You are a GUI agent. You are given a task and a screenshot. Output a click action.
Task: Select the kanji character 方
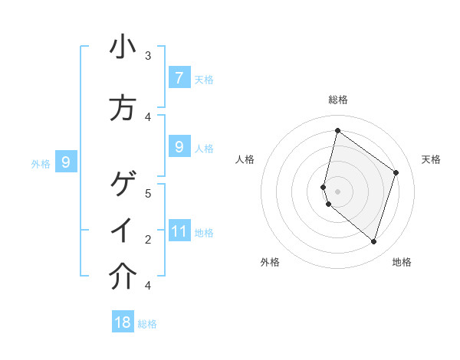pos(123,109)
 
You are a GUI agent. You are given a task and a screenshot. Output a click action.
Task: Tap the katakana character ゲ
pos(123,184)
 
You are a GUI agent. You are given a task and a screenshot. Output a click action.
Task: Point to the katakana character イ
pos(123,231)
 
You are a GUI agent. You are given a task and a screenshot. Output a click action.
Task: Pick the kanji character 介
pos(123,277)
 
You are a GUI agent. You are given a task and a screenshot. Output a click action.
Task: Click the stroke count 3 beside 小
pos(148,55)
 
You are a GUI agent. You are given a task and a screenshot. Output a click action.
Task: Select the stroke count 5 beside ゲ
pos(148,193)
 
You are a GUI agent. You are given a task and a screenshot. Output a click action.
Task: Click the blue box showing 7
pos(179,77)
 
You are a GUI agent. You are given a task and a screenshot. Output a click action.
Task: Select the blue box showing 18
pos(123,322)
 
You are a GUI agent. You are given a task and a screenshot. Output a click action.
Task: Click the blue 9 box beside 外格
pos(66,162)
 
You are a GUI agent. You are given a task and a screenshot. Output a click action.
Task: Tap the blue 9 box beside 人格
pos(179,146)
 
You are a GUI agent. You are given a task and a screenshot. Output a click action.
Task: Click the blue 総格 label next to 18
pos(147,324)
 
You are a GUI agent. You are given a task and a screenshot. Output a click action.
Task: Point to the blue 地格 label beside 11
pos(204,232)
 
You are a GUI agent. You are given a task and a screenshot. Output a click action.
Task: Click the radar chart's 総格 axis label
pos(337,100)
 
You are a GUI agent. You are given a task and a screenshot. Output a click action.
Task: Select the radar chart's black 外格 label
pos(270,262)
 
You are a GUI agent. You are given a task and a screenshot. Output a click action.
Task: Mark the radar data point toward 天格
pos(396,172)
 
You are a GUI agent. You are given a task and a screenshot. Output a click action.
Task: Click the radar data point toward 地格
pos(373,242)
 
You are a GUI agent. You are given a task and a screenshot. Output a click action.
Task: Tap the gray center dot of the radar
pos(337,191)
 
